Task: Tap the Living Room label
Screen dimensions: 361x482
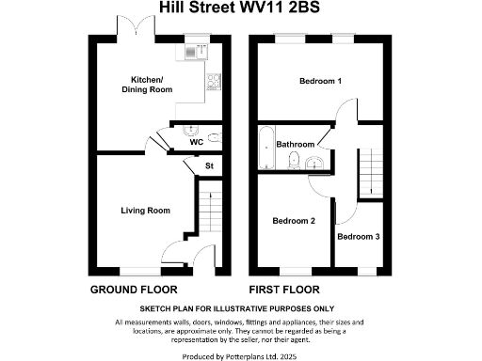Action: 146,211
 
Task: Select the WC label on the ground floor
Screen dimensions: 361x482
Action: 196,143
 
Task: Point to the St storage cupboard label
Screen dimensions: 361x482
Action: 209,167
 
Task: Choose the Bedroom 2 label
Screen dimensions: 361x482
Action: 294,221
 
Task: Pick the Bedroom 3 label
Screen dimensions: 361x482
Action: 358,237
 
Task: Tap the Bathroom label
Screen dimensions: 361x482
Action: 296,144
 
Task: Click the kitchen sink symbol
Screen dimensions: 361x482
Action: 197,53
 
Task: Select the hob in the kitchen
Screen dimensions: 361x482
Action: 214,80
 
